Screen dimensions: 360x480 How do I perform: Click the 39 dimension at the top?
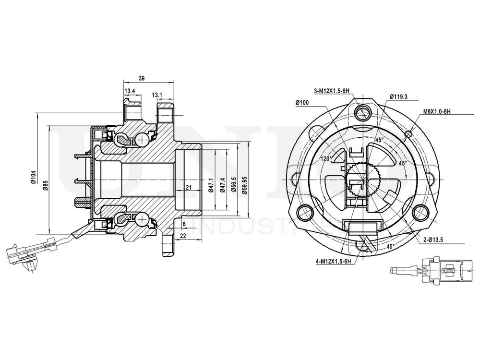142,78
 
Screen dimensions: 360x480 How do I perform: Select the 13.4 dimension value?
130,91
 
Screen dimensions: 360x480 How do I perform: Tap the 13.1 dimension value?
157,95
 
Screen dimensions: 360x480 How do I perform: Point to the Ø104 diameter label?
33,177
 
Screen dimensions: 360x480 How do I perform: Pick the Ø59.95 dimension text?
244,184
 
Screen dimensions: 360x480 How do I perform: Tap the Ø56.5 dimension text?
233,184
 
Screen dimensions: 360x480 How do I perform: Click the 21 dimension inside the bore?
189,187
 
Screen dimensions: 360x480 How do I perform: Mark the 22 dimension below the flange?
183,235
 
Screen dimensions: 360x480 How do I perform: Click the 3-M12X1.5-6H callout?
331,90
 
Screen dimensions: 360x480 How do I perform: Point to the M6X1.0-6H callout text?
436,111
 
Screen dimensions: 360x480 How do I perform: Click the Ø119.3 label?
398,96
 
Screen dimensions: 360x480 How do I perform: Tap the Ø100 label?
302,103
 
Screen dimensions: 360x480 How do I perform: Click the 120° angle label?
327,158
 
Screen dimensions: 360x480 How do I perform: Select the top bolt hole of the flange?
363,113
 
